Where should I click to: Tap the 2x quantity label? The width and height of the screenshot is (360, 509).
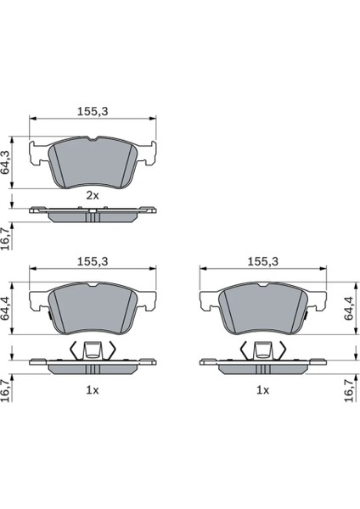click(x=93, y=196)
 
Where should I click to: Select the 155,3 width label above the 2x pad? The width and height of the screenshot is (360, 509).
click(x=93, y=112)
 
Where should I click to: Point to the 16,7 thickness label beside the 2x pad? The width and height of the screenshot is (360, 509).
click(x=5, y=238)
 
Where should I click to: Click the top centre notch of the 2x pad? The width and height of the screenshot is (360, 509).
click(x=93, y=139)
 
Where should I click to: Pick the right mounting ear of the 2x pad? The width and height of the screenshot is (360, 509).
click(x=147, y=153)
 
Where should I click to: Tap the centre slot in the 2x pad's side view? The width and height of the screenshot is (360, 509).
click(x=93, y=216)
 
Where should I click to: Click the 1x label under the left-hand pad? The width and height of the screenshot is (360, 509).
click(x=93, y=390)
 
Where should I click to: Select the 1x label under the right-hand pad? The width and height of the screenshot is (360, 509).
click(x=263, y=390)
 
